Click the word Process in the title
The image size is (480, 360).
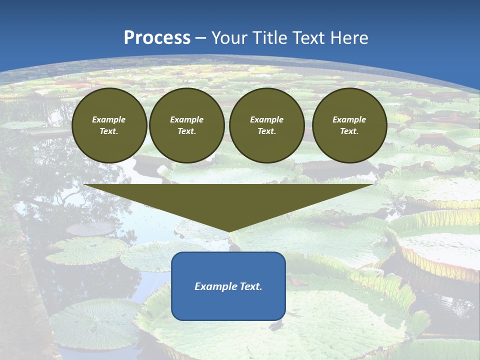(157, 38)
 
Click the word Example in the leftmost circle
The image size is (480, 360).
(109, 119)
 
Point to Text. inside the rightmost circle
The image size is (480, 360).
(349, 131)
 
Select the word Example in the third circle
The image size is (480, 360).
(266, 119)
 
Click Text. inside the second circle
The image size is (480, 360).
(187, 131)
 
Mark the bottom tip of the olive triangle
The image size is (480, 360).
(228, 231)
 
